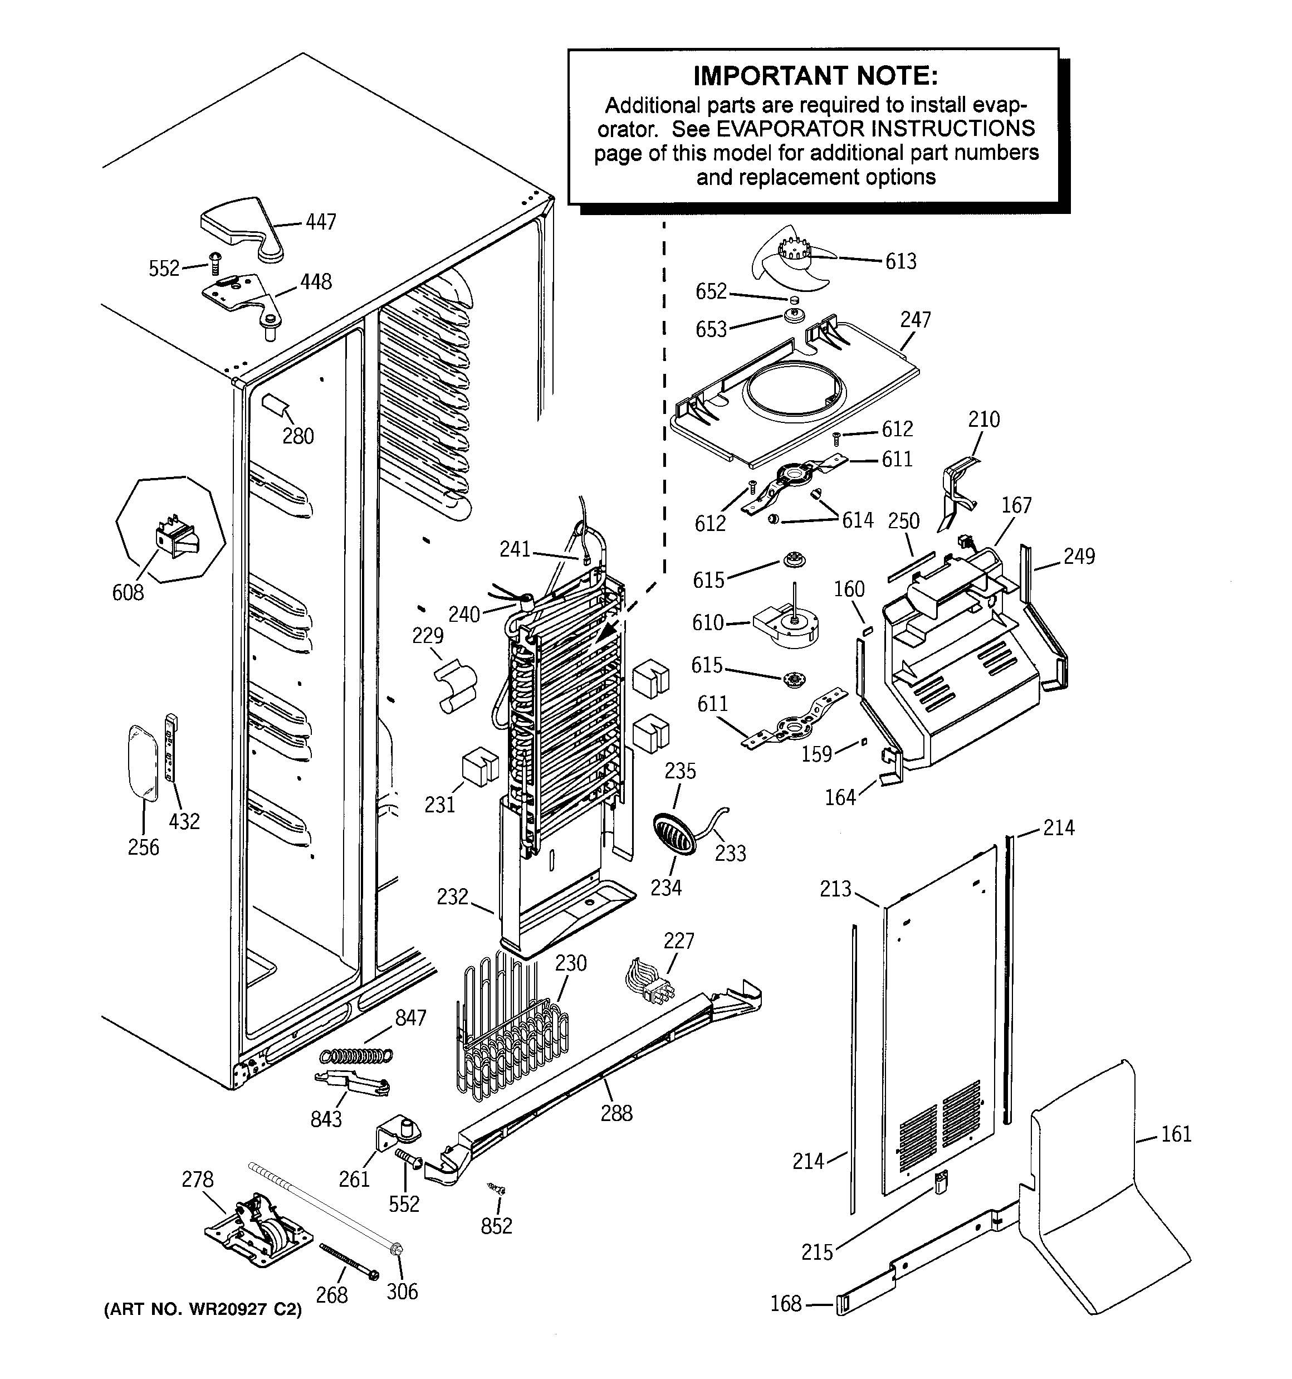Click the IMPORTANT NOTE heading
(x=815, y=76)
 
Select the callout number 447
(x=321, y=222)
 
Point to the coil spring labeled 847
(x=356, y=1055)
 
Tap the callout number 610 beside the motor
(x=707, y=623)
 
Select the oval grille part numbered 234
(x=673, y=833)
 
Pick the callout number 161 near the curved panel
(x=1176, y=1134)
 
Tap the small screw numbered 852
(x=497, y=1189)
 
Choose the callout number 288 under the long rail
(x=616, y=1113)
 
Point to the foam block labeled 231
(x=480, y=767)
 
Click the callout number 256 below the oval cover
(x=144, y=847)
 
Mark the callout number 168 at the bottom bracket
(x=786, y=1304)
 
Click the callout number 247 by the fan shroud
(x=916, y=320)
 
